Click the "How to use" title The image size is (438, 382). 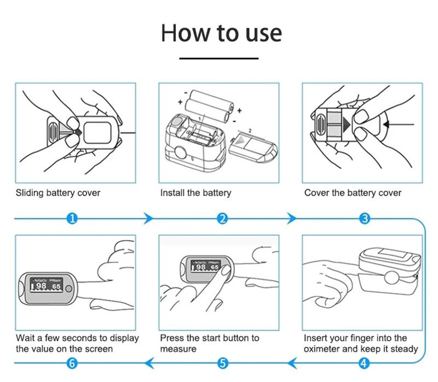click(221, 33)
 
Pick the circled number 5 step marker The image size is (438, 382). click(222, 362)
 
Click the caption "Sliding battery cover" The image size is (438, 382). click(58, 193)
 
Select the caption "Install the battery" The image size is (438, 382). click(195, 193)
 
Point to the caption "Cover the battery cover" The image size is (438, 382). click(353, 193)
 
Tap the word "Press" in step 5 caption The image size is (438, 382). click(172, 338)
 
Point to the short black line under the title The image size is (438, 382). click(219, 57)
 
